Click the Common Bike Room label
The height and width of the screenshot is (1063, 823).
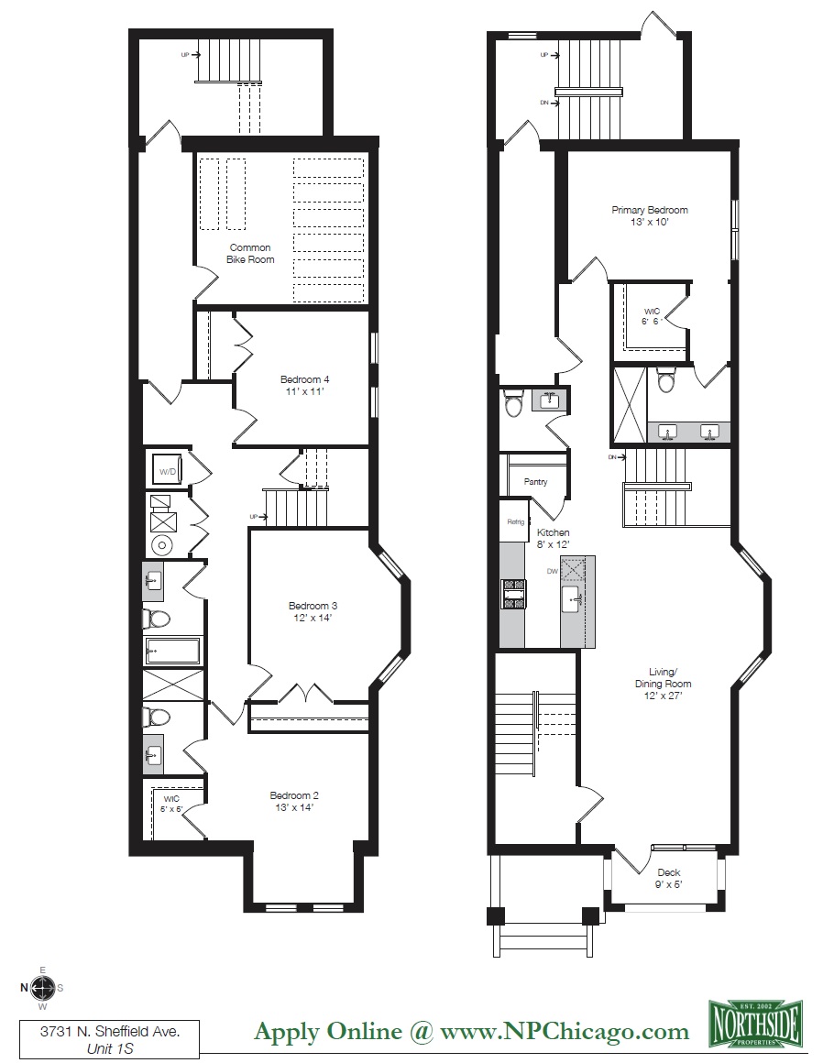(x=251, y=253)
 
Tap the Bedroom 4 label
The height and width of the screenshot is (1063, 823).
(x=304, y=385)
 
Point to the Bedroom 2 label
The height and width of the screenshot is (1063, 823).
(x=294, y=801)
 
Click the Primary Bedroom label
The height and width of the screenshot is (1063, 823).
(x=649, y=215)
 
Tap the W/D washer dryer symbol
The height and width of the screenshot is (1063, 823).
(x=169, y=471)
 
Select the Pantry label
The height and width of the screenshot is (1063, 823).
(x=535, y=481)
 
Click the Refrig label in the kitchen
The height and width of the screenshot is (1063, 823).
(x=515, y=522)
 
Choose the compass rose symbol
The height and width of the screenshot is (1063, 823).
(x=42, y=987)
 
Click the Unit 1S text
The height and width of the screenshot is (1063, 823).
(x=109, y=1049)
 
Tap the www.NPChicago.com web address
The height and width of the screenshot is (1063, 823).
(x=565, y=1031)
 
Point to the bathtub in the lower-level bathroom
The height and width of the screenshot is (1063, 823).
(x=171, y=651)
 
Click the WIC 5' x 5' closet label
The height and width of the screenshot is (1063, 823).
(x=172, y=803)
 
